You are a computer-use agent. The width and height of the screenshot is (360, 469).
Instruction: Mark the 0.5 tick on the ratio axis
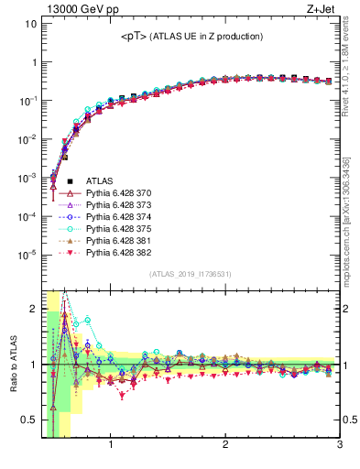[29, 420]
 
